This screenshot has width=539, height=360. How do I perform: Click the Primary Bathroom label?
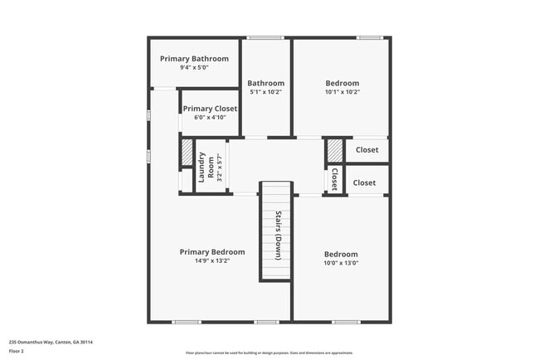click(x=194, y=59)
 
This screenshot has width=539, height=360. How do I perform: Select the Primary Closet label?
click(x=210, y=109)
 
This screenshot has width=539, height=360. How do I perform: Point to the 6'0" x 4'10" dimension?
click(x=210, y=117)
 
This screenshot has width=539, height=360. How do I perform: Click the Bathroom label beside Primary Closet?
click(x=265, y=83)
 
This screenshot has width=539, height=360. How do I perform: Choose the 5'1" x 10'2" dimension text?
click(x=265, y=92)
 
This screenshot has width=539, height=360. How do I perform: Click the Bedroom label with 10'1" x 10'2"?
click(x=342, y=83)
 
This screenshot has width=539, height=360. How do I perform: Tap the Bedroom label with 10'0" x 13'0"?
click(x=341, y=254)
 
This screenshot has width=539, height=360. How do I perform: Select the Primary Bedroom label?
click(x=212, y=251)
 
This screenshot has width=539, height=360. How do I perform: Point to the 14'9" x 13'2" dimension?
click(x=212, y=260)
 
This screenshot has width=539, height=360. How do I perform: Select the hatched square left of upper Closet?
click(x=333, y=150)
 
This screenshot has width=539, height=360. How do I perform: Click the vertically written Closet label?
click(x=334, y=179)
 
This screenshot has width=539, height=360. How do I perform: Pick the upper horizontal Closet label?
click(x=367, y=150)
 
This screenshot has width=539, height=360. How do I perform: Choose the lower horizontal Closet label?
click(x=364, y=182)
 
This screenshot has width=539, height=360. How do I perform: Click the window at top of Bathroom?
click(x=265, y=37)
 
